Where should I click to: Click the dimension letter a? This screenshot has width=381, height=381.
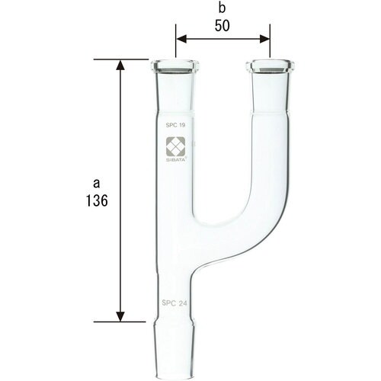pos(96,183)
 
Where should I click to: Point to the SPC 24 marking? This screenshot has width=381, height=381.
pos(175,303)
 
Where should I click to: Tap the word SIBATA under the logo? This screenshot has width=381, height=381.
pos(176,158)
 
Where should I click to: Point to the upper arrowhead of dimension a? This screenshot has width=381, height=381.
pos(120,66)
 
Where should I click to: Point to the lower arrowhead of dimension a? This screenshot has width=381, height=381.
pos(120,315)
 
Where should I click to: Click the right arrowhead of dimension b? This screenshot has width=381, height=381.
pos(264,36)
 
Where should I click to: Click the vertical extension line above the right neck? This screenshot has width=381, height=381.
pos(270,42)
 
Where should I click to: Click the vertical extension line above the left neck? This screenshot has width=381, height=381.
pos(176,42)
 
